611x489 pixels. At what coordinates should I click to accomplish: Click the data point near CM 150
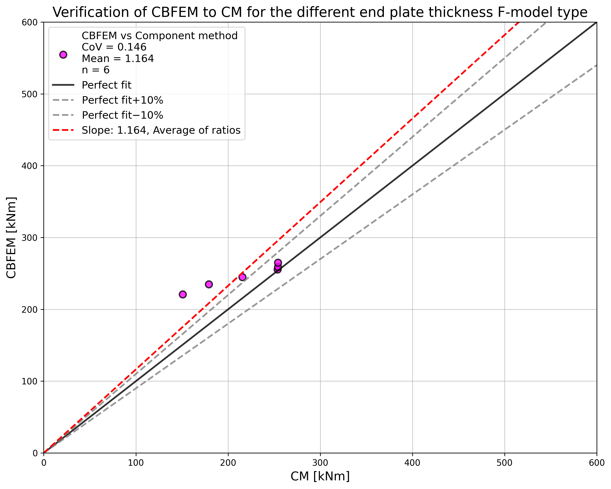pyautogui.click(x=183, y=294)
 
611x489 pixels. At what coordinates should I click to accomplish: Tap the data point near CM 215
pyautogui.click(x=242, y=277)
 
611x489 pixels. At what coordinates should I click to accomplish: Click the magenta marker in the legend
pyautogui.click(x=63, y=55)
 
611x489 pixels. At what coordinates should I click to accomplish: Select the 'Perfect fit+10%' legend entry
pyautogui.click(x=122, y=100)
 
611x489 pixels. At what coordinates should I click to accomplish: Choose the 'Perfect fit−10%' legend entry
pyautogui.click(x=122, y=115)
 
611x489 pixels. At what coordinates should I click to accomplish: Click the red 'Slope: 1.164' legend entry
pyautogui.click(x=161, y=130)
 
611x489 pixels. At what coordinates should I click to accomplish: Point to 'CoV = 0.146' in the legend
pyautogui.click(x=114, y=47)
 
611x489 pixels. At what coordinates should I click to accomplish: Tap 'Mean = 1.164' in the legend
pyautogui.click(x=118, y=58)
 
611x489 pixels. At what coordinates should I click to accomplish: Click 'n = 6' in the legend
pyautogui.click(x=95, y=70)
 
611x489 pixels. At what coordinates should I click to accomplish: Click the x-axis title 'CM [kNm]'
pyautogui.click(x=320, y=476)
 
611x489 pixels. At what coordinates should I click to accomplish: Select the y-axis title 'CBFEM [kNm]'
pyautogui.click(x=11, y=237)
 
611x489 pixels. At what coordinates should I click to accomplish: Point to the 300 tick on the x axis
pyautogui.click(x=320, y=463)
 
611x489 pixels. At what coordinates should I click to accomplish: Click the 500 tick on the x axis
pyautogui.click(x=504, y=463)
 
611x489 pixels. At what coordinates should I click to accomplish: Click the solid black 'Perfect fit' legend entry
pyautogui.click(x=106, y=85)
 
